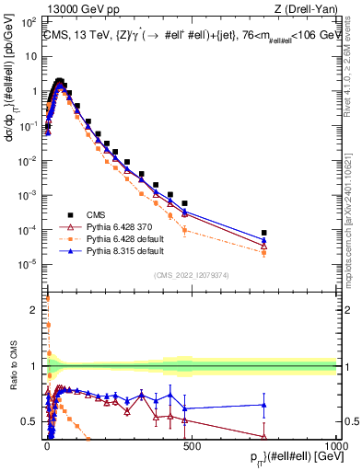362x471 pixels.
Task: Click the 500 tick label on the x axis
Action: point(191,444)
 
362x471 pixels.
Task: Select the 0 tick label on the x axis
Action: point(47,444)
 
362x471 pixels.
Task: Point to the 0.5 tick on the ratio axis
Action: point(32,421)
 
